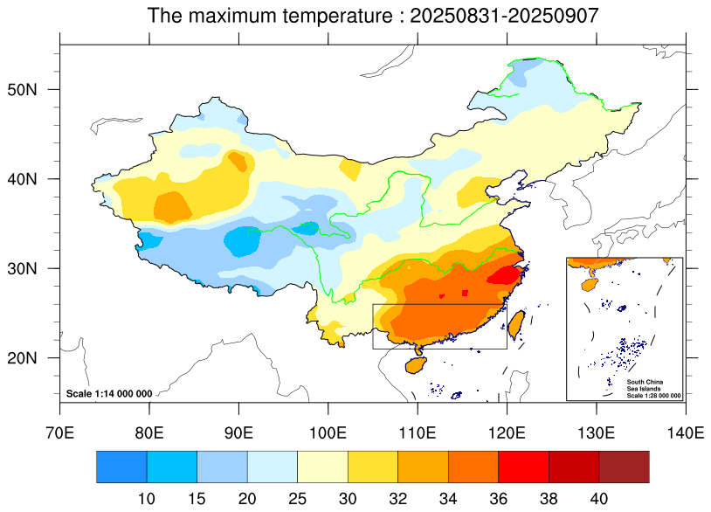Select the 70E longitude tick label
pos(60,432)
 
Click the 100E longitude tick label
pos(328,432)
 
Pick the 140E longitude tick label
pos(684,432)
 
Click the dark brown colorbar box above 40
pos(624,467)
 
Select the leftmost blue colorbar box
pos(121,467)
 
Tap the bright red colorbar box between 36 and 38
pos(523,467)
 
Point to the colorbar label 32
pos(397,497)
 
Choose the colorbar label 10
pos(147,497)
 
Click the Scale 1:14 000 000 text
pos(109,394)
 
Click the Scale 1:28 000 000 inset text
pos(653,396)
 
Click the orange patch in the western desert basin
pos(172,207)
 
